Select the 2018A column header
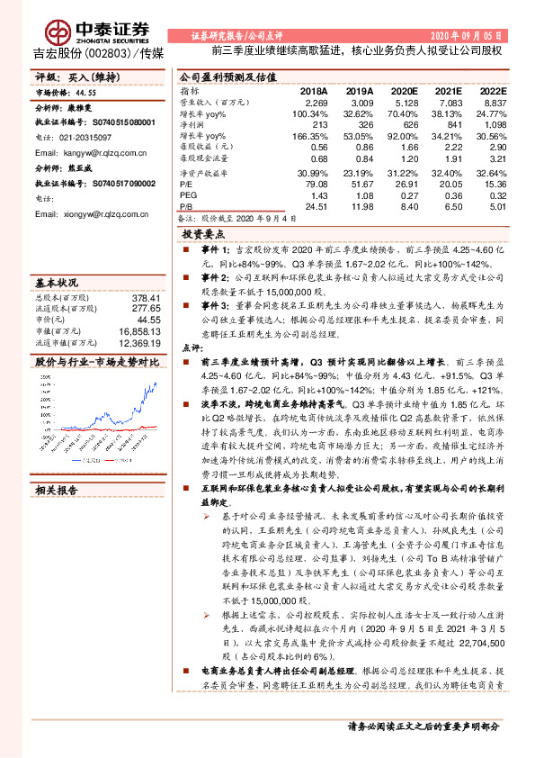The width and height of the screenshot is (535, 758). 314,92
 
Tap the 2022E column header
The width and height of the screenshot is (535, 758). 493,92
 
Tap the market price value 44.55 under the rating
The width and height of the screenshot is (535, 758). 85,92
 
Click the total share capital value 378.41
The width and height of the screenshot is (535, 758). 145,298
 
